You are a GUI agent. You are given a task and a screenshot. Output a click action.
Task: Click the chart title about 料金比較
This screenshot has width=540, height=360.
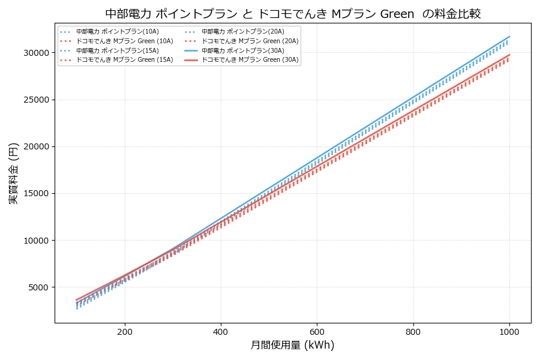pyautogui.click(x=293, y=13)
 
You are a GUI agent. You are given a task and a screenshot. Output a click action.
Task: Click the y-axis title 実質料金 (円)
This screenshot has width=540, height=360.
pyautogui.click(x=13, y=173)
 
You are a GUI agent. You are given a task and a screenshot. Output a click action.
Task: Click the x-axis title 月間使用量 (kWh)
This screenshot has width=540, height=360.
pyautogui.click(x=292, y=345)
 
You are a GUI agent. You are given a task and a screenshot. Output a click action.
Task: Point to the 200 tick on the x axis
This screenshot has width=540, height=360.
pyautogui.click(x=125, y=331)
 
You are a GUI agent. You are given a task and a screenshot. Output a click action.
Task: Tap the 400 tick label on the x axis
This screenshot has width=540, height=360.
pyautogui.click(x=221, y=331)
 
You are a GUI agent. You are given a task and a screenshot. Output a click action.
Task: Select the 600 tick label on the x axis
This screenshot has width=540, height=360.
pyautogui.click(x=317, y=331)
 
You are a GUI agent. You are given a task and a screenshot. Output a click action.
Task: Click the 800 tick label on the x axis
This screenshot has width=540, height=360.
pyautogui.click(x=413, y=331)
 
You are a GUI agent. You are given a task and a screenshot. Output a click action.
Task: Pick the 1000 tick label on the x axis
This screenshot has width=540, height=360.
pyautogui.click(x=509, y=331)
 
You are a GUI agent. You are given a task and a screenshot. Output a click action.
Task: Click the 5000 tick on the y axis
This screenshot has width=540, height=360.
pyautogui.click(x=38, y=287)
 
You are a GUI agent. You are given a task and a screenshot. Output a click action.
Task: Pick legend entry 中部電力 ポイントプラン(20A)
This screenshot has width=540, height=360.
pyautogui.click(x=242, y=31)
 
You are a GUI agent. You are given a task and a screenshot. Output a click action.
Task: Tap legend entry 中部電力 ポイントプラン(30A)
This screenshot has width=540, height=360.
pyautogui.click(x=242, y=50)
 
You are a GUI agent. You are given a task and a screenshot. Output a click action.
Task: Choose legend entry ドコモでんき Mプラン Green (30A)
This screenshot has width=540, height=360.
pyautogui.click(x=250, y=60)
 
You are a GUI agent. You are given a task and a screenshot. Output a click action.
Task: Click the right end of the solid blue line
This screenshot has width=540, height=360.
pyautogui.click(x=509, y=36)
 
